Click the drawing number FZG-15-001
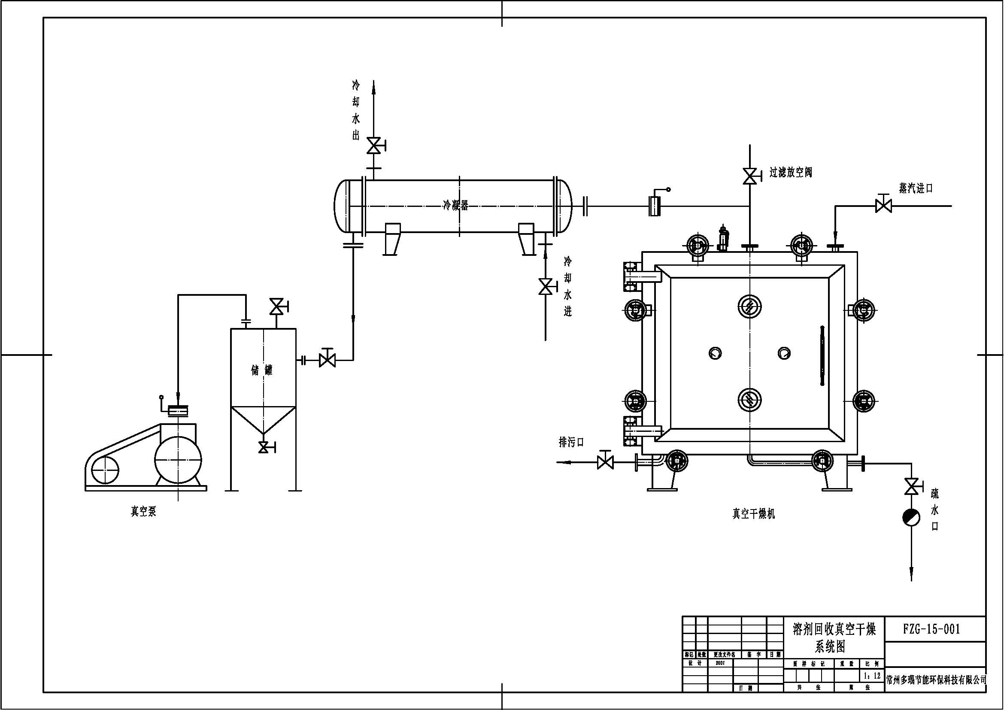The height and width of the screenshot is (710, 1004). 931,629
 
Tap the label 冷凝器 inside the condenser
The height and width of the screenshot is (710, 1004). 456,205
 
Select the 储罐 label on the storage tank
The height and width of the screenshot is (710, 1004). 262,371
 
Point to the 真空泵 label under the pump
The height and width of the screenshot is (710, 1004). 143,512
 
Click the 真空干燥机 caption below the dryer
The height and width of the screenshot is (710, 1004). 753,514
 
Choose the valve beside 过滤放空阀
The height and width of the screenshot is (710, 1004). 750,176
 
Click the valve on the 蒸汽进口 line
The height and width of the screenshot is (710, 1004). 884,206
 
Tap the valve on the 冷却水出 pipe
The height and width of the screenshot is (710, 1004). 373,146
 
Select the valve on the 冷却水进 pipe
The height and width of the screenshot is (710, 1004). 545,287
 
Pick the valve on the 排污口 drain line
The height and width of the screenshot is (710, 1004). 605,462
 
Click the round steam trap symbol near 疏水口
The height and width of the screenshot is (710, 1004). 911,518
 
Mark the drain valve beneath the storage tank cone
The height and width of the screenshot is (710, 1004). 263,447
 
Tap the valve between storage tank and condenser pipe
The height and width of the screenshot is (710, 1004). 327,360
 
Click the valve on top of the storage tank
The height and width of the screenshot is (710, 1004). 276,307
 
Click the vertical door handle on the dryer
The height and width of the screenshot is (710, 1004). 822,355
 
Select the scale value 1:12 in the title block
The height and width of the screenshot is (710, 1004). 872,676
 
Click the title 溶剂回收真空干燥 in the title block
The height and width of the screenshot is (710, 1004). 834,630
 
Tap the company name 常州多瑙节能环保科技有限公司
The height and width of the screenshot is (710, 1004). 936,692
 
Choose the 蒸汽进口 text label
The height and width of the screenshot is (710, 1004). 916,188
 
